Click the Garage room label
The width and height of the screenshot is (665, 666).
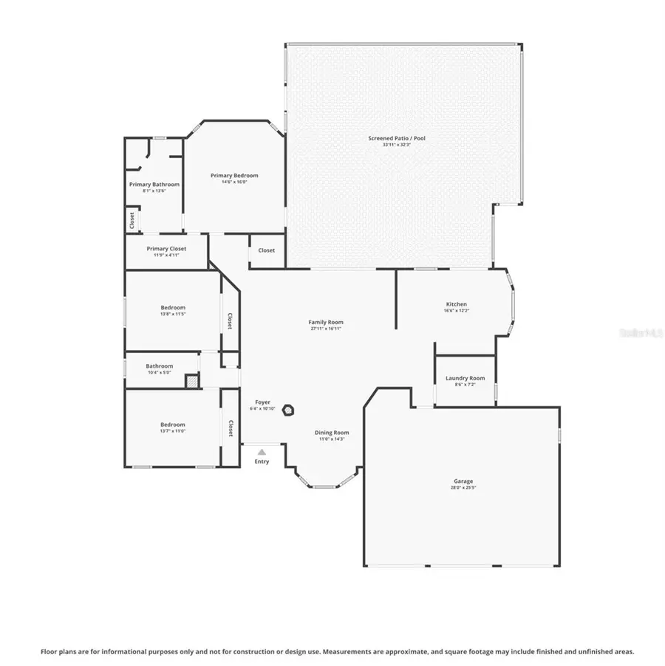pos(463,481)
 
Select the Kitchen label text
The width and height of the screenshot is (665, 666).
pos(456,304)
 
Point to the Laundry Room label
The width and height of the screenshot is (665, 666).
pos(465,378)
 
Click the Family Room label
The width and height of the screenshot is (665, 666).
pos(326,322)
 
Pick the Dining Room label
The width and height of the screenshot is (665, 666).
pos(332,433)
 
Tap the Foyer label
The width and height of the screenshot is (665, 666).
pos(262,402)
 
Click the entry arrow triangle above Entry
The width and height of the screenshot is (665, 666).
pos(262,452)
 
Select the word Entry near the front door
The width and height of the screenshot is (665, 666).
pos(262,461)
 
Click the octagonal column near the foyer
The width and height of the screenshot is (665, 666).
pos(290,409)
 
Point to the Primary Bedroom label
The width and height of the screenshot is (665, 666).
pos(234,175)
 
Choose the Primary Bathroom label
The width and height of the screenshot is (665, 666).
pos(154,184)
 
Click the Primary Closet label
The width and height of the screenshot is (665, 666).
pos(166,249)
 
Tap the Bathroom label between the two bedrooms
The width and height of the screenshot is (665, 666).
pos(159,365)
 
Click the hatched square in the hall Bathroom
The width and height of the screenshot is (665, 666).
pos(191,381)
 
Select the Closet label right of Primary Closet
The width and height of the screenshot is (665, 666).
pos(266,250)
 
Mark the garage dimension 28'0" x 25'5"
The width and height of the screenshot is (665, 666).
pos(463,488)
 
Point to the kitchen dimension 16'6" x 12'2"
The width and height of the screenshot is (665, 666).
pos(456,311)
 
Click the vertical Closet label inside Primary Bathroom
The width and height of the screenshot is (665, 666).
pos(132,220)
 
